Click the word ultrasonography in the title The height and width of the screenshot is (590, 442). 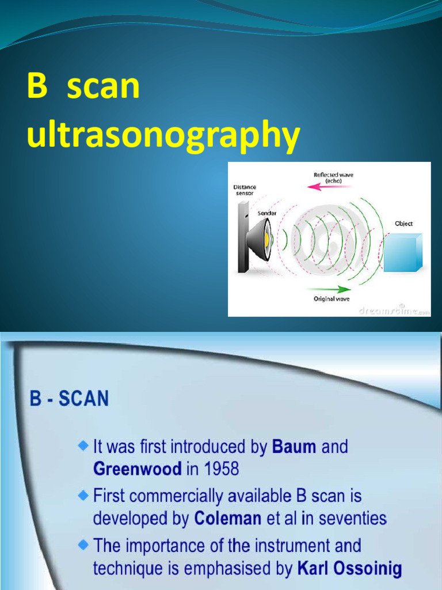(x=163, y=136)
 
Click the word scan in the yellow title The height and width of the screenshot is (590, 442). (x=104, y=86)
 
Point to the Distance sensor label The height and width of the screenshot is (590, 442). (x=245, y=190)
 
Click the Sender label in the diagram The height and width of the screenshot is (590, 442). (x=266, y=213)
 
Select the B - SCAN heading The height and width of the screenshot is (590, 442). (x=69, y=399)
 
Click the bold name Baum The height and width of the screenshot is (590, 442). (x=294, y=447)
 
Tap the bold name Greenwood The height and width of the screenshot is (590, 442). (x=137, y=468)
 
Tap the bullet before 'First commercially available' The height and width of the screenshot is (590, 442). (x=84, y=494)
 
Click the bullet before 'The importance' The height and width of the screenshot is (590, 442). (x=84, y=544)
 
